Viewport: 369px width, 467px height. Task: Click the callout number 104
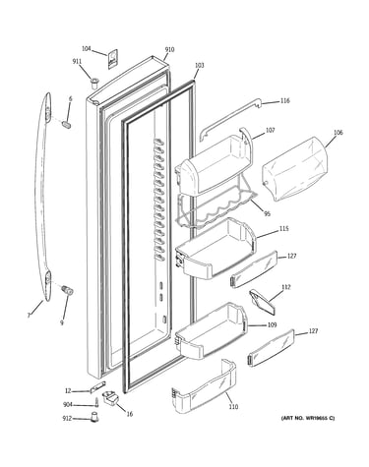[87, 49]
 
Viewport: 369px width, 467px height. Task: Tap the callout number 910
[169, 50]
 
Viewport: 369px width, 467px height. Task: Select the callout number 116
[285, 100]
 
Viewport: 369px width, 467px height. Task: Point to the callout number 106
[338, 133]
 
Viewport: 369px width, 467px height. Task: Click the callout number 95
[268, 214]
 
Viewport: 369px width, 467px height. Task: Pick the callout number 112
[286, 287]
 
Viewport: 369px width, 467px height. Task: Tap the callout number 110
[233, 407]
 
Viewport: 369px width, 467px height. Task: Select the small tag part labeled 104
[112, 59]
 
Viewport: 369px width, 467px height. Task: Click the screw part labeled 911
[94, 83]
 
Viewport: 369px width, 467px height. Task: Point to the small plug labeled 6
[67, 125]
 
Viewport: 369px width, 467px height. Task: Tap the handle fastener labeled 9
[67, 290]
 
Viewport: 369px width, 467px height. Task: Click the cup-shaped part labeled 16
[110, 397]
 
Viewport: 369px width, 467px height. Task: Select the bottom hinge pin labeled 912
[95, 418]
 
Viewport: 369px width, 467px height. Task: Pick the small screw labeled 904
[97, 402]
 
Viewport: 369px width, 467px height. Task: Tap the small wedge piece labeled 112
[262, 299]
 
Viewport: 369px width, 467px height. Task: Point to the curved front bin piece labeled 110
[204, 387]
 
